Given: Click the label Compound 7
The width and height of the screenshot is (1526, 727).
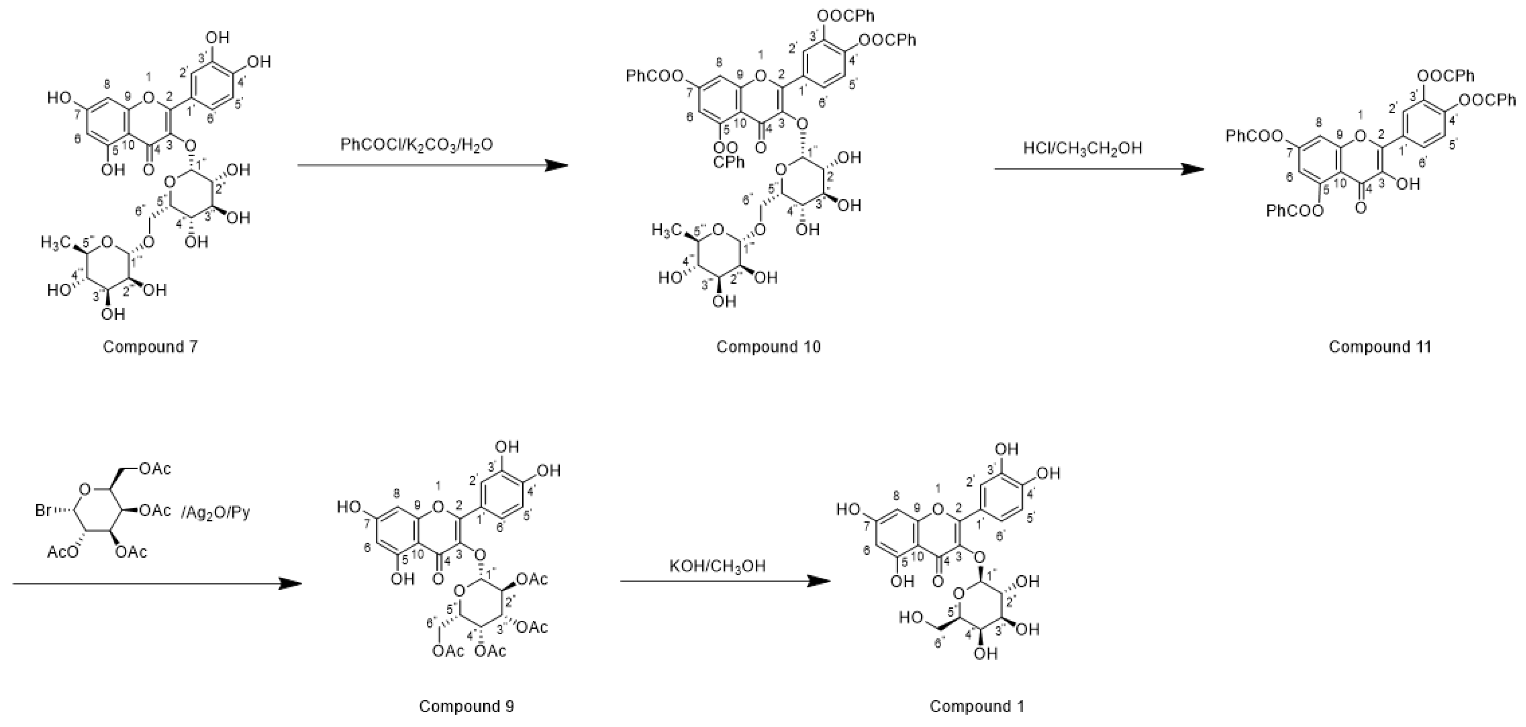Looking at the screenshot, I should (150, 347).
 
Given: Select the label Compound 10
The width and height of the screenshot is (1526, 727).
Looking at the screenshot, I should (768, 347).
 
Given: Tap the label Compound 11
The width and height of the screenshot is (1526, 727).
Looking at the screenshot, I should (1380, 347).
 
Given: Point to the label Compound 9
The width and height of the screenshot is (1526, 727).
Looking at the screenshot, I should (466, 706).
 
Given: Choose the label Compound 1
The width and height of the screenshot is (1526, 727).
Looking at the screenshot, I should (977, 706).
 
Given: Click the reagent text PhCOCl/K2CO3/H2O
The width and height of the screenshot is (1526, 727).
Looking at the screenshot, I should (416, 145).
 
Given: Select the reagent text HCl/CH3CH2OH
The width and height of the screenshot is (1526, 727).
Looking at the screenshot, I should (1082, 148).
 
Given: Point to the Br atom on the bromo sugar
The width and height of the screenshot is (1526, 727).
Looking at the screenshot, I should (43, 510).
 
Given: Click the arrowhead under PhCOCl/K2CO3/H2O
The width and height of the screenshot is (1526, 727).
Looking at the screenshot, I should (556, 165).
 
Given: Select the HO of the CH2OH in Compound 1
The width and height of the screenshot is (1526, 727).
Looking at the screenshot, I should (911, 618).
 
